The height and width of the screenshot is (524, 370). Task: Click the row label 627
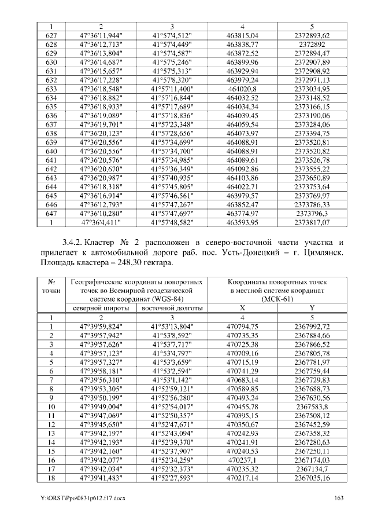point(51,35)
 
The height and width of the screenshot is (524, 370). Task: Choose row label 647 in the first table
point(51,212)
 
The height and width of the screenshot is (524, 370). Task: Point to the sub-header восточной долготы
point(172,307)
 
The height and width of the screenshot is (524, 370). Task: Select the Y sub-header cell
point(312,307)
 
